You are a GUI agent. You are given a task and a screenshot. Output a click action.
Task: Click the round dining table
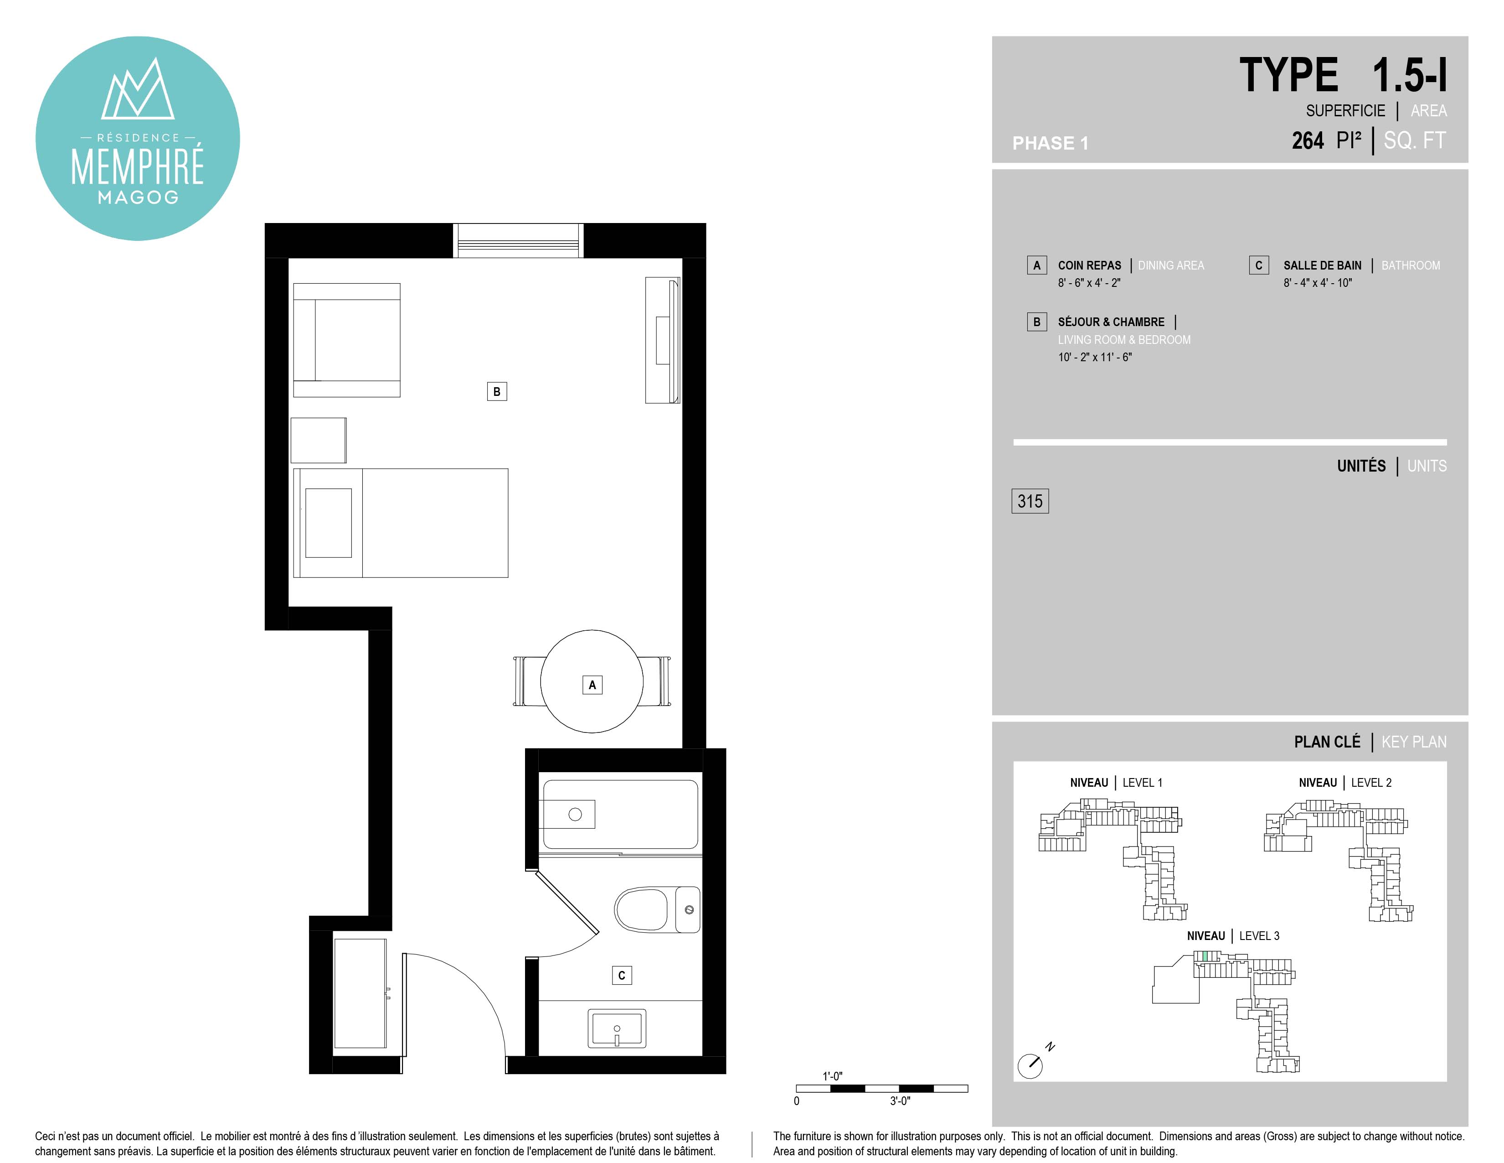coord(592,681)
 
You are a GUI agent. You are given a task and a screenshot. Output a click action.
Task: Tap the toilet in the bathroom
coord(657,909)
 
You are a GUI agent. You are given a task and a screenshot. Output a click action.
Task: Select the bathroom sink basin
coord(617,1028)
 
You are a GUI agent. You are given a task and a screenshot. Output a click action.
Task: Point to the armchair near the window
coord(346,340)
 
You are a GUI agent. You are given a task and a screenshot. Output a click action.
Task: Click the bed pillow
coord(329,523)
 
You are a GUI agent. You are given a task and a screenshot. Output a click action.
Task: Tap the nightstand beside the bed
coord(318,440)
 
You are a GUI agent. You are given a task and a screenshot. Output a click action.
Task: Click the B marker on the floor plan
coord(496,391)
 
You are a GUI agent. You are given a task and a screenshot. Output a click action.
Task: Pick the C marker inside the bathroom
coord(622,975)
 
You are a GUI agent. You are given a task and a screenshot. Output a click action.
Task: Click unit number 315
coord(1030,501)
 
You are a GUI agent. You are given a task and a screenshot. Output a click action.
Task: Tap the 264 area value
coord(1308,140)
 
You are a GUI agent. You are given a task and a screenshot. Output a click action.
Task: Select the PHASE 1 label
coord(1050,143)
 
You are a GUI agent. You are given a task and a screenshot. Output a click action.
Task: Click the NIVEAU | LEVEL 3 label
coord(1233,935)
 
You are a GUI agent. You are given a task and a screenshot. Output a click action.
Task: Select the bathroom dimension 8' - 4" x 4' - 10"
coord(1318,282)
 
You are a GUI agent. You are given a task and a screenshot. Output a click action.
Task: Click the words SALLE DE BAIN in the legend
coord(1322,265)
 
